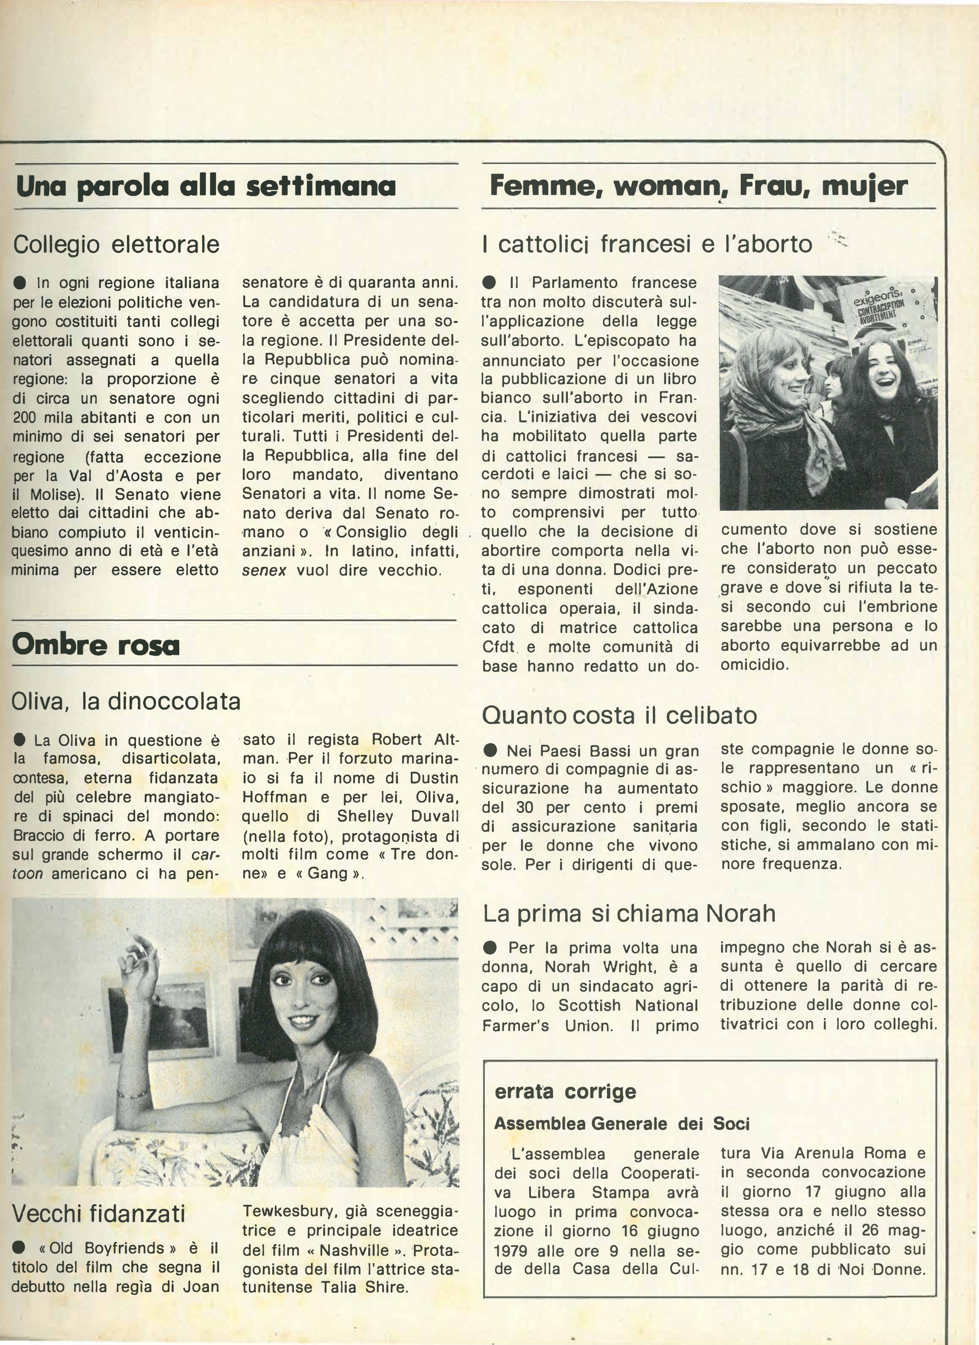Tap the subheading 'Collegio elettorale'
[x=116, y=244]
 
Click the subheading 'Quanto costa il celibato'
[x=619, y=715]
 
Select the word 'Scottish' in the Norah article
[x=590, y=1006]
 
